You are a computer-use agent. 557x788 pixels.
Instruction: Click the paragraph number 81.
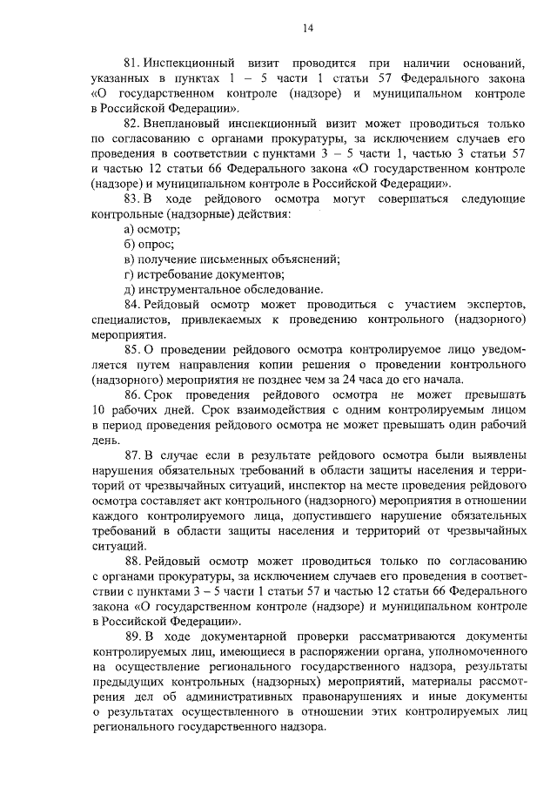(132, 64)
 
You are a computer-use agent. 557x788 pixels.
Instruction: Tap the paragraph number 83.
(132, 198)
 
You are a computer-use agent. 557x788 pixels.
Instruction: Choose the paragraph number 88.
(132, 562)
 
